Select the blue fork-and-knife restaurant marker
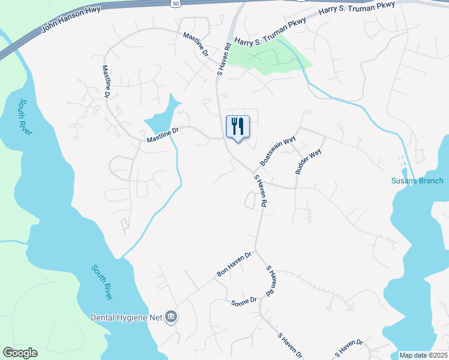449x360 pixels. coord(238,127)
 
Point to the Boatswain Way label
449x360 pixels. coord(278,152)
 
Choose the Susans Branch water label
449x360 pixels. coord(417,181)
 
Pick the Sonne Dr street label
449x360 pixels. coord(244,301)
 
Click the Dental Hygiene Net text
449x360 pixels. coord(127,317)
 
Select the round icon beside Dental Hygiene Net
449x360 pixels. coord(171,317)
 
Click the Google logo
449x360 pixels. coord(20,353)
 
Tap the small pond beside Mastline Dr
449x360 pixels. coord(163,117)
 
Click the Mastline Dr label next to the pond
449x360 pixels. coord(163,136)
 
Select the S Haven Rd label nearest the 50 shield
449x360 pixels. coord(224,58)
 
